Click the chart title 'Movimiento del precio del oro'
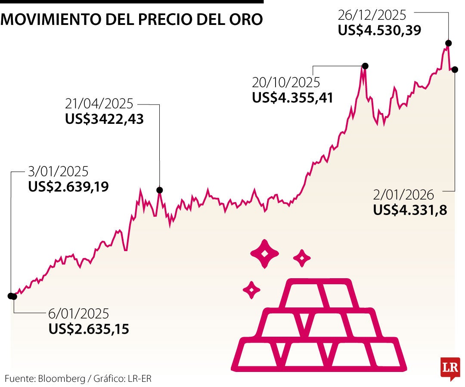pyautogui.click(x=132, y=20)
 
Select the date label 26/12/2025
pyautogui.click(x=372, y=15)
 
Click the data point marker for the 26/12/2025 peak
pyautogui.click(x=448, y=43)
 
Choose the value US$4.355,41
pyautogui.click(x=293, y=98)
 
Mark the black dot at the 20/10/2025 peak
pyautogui.click(x=365, y=66)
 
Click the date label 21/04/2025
pyautogui.click(x=99, y=104)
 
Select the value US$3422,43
pyautogui.click(x=104, y=119)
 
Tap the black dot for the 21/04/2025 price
pyautogui.click(x=160, y=190)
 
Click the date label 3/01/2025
pyautogui.click(x=58, y=172)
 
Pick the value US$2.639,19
pyautogui.click(x=68, y=187)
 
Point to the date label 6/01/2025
pyautogui.click(x=79, y=313)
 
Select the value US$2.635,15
pyautogui.click(x=89, y=329)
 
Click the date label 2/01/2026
pyautogui.click(x=403, y=195)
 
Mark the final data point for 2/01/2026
pyautogui.click(x=455, y=69)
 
